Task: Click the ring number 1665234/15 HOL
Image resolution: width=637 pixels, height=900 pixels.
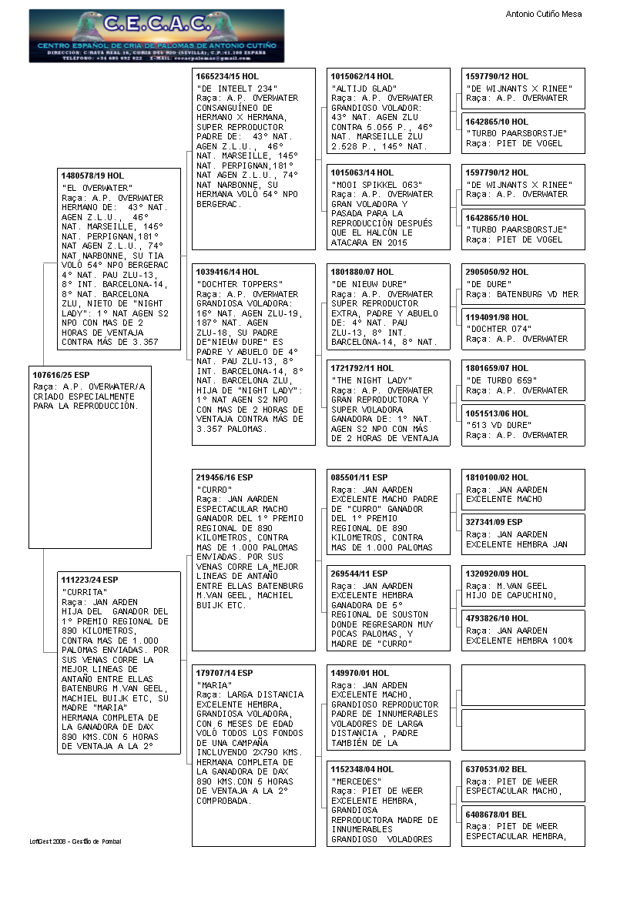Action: [228, 76]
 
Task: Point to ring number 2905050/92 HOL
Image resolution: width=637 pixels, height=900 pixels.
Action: [497, 272]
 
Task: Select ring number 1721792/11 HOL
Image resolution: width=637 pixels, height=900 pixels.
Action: [362, 368]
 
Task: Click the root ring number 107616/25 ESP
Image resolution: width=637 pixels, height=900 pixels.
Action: [61, 374]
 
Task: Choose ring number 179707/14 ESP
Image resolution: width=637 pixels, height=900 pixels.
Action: [224, 673]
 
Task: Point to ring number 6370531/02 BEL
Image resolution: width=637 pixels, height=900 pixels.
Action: [496, 769]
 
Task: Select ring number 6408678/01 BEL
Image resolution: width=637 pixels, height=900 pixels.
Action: [496, 814]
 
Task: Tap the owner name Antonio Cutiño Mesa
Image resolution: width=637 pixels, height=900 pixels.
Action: [543, 14]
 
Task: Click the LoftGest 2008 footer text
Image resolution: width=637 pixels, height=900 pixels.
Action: [75, 841]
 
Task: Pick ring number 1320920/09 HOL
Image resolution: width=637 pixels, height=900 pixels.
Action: [497, 574]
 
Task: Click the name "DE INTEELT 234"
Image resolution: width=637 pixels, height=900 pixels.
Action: [236, 89]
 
